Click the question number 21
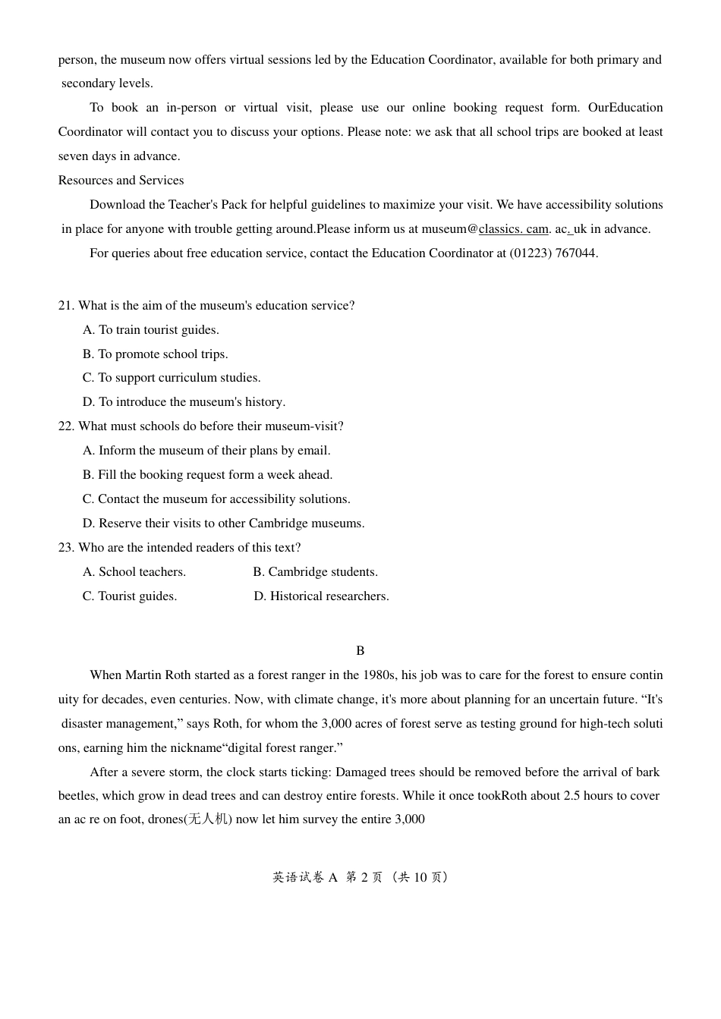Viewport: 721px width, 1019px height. pyautogui.click(x=66, y=306)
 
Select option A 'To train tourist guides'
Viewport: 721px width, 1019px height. pyautogui.click(x=151, y=330)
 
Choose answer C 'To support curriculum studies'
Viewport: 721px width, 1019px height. pyautogui.click(x=172, y=378)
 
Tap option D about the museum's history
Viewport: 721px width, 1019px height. pyautogui.click(x=184, y=402)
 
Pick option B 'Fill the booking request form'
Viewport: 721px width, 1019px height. pyautogui.click(x=207, y=475)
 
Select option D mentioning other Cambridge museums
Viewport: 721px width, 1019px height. pyautogui.click(x=223, y=524)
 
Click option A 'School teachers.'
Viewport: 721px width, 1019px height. pyautogui.click(x=134, y=572)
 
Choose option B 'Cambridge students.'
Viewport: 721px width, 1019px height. pyautogui.click(x=315, y=572)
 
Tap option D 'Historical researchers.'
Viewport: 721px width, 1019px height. pyautogui.click(x=321, y=596)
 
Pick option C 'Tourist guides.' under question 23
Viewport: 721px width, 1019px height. pyautogui.click(x=130, y=596)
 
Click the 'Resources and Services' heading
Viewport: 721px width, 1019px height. pyautogui.click(x=121, y=181)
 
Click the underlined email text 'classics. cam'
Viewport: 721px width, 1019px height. pyautogui.click(x=513, y=229)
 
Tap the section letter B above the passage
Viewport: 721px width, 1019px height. pyautogui.click(x=360, y=651)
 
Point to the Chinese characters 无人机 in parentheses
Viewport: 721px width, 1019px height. pyautogui.click(x=208, y=819)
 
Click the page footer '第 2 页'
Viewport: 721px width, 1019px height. pyautogui.click(x=364, y=877)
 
